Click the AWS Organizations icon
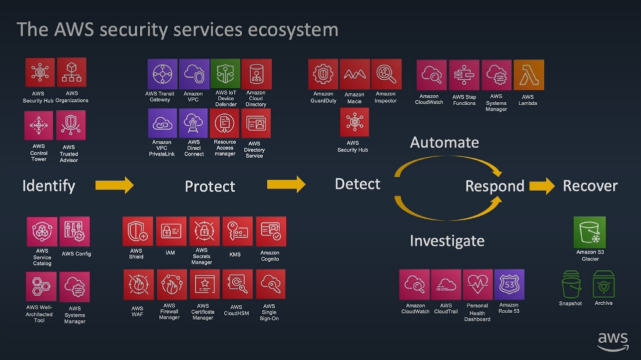click(71, 73)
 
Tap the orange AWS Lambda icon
click(528, 75)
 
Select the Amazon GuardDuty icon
click(323, 75)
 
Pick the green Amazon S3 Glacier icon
click(590, 232)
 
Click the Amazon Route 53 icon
click(509, 285)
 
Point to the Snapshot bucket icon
click(570, 285)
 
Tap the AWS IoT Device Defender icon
click(225, 75)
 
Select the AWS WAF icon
click(138, 285)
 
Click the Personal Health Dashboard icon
click(478, 285)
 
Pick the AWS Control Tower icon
click(39, 126)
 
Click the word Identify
click(49, 185)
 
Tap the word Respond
click(495, 186)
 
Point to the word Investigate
click(447, 240)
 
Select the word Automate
click(444, 143)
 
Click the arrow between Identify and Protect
click(115, 185)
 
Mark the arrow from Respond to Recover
click(542, 186)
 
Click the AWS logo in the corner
click(612, 341)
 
